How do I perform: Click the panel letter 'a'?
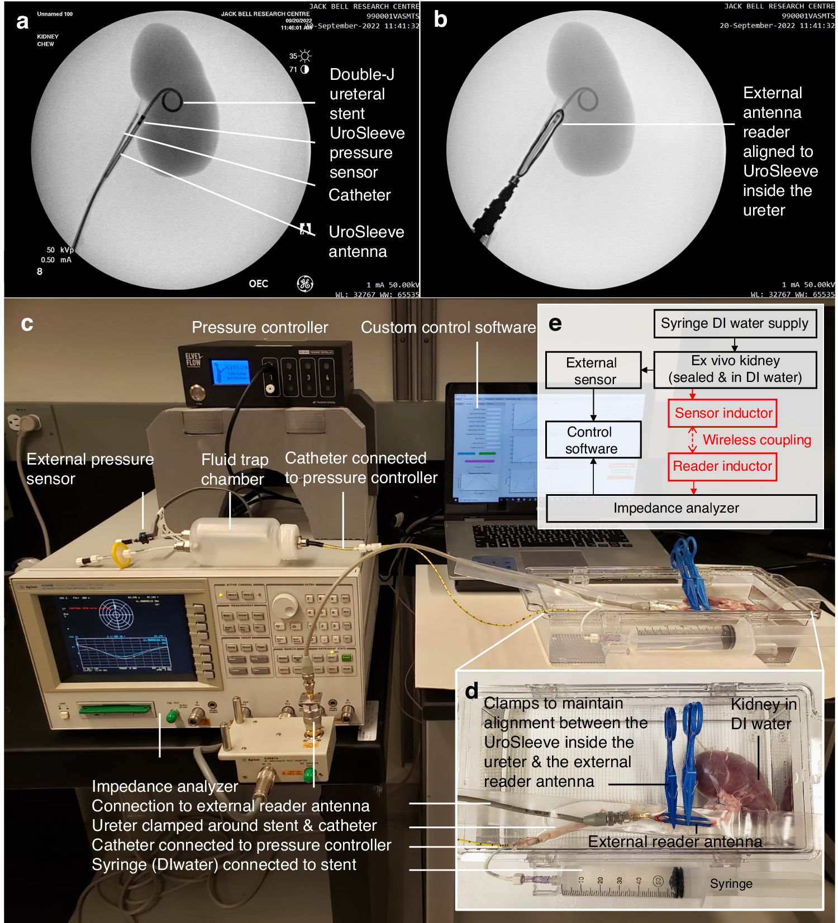click(x=22, y=22)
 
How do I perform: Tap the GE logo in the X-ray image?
click(x=305, y=284)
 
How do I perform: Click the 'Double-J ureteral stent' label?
click(x=361, y=94)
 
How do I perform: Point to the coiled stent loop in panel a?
click(x=171, y=101)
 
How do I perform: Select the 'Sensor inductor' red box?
click(x=722, y=413)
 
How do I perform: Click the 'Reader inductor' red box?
click(x=722, y=466)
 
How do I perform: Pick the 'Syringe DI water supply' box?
click(x=735, y=324)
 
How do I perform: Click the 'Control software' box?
click(x=593, y=440)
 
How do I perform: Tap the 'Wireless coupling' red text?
click(x=756, y=440)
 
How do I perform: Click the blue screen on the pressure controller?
click(x=229, y=371)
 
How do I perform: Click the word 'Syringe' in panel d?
click(x=731, y=884)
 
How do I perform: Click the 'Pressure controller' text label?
click(x=260, y=328)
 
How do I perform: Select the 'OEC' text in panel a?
click(x=258, y=284)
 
